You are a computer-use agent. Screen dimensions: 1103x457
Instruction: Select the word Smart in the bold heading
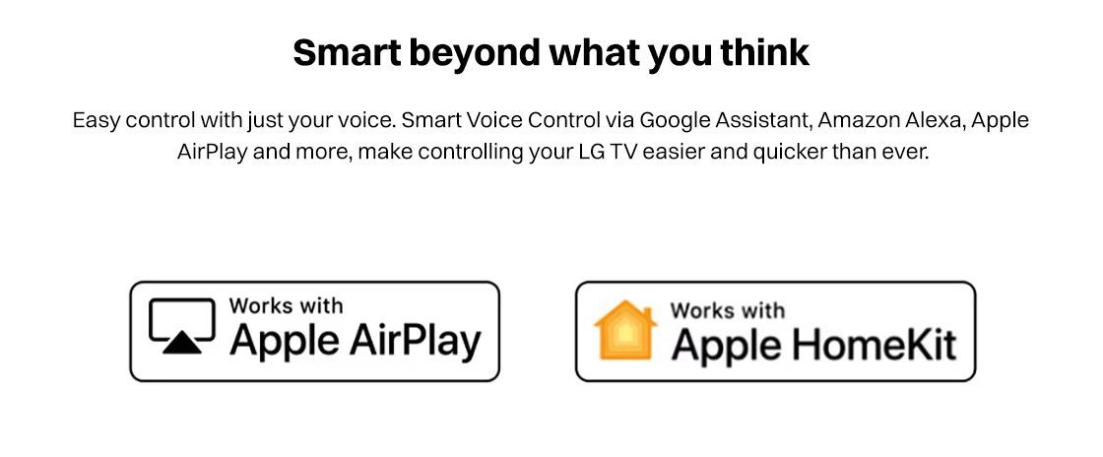348,52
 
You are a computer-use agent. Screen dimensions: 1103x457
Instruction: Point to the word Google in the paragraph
674,121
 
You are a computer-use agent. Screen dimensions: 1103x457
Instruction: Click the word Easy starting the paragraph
97,121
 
